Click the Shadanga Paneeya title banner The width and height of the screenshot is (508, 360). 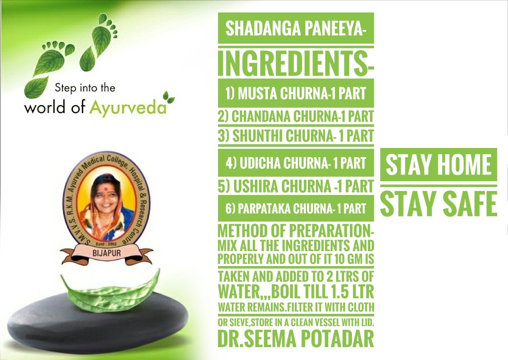[296, 28]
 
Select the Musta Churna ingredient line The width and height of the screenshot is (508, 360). [296, 93]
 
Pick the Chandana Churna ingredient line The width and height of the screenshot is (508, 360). [296, 116]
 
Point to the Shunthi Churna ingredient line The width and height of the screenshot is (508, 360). [296, 136]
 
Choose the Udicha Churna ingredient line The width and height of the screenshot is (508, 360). [296, 163]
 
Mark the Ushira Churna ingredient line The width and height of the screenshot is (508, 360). [296, 186]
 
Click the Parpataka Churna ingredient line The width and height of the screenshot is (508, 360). [296, 208]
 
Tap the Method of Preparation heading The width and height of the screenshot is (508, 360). [296, 231]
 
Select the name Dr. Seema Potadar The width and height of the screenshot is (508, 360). [296, 338]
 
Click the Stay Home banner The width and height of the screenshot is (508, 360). [439, 165]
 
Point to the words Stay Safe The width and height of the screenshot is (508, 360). [439, 204]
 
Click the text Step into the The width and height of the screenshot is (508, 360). [85, 88]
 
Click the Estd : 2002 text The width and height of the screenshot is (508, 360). [106, 244]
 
